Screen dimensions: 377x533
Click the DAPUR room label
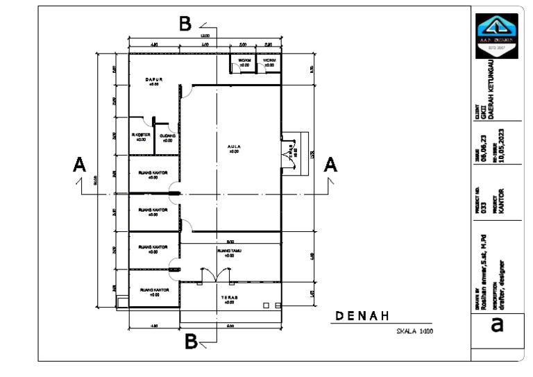[154, 80]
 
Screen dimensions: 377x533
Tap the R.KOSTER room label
[141, 135]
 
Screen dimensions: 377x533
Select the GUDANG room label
[167, 135]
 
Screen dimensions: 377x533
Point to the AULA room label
[234, 147]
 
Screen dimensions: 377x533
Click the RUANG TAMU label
[230, 251]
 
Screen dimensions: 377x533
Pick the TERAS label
[230, 297]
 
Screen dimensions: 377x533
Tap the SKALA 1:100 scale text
[414, 332]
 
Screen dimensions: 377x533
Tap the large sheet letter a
[497, 325]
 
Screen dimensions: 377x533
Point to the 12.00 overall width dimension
[205, 35]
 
